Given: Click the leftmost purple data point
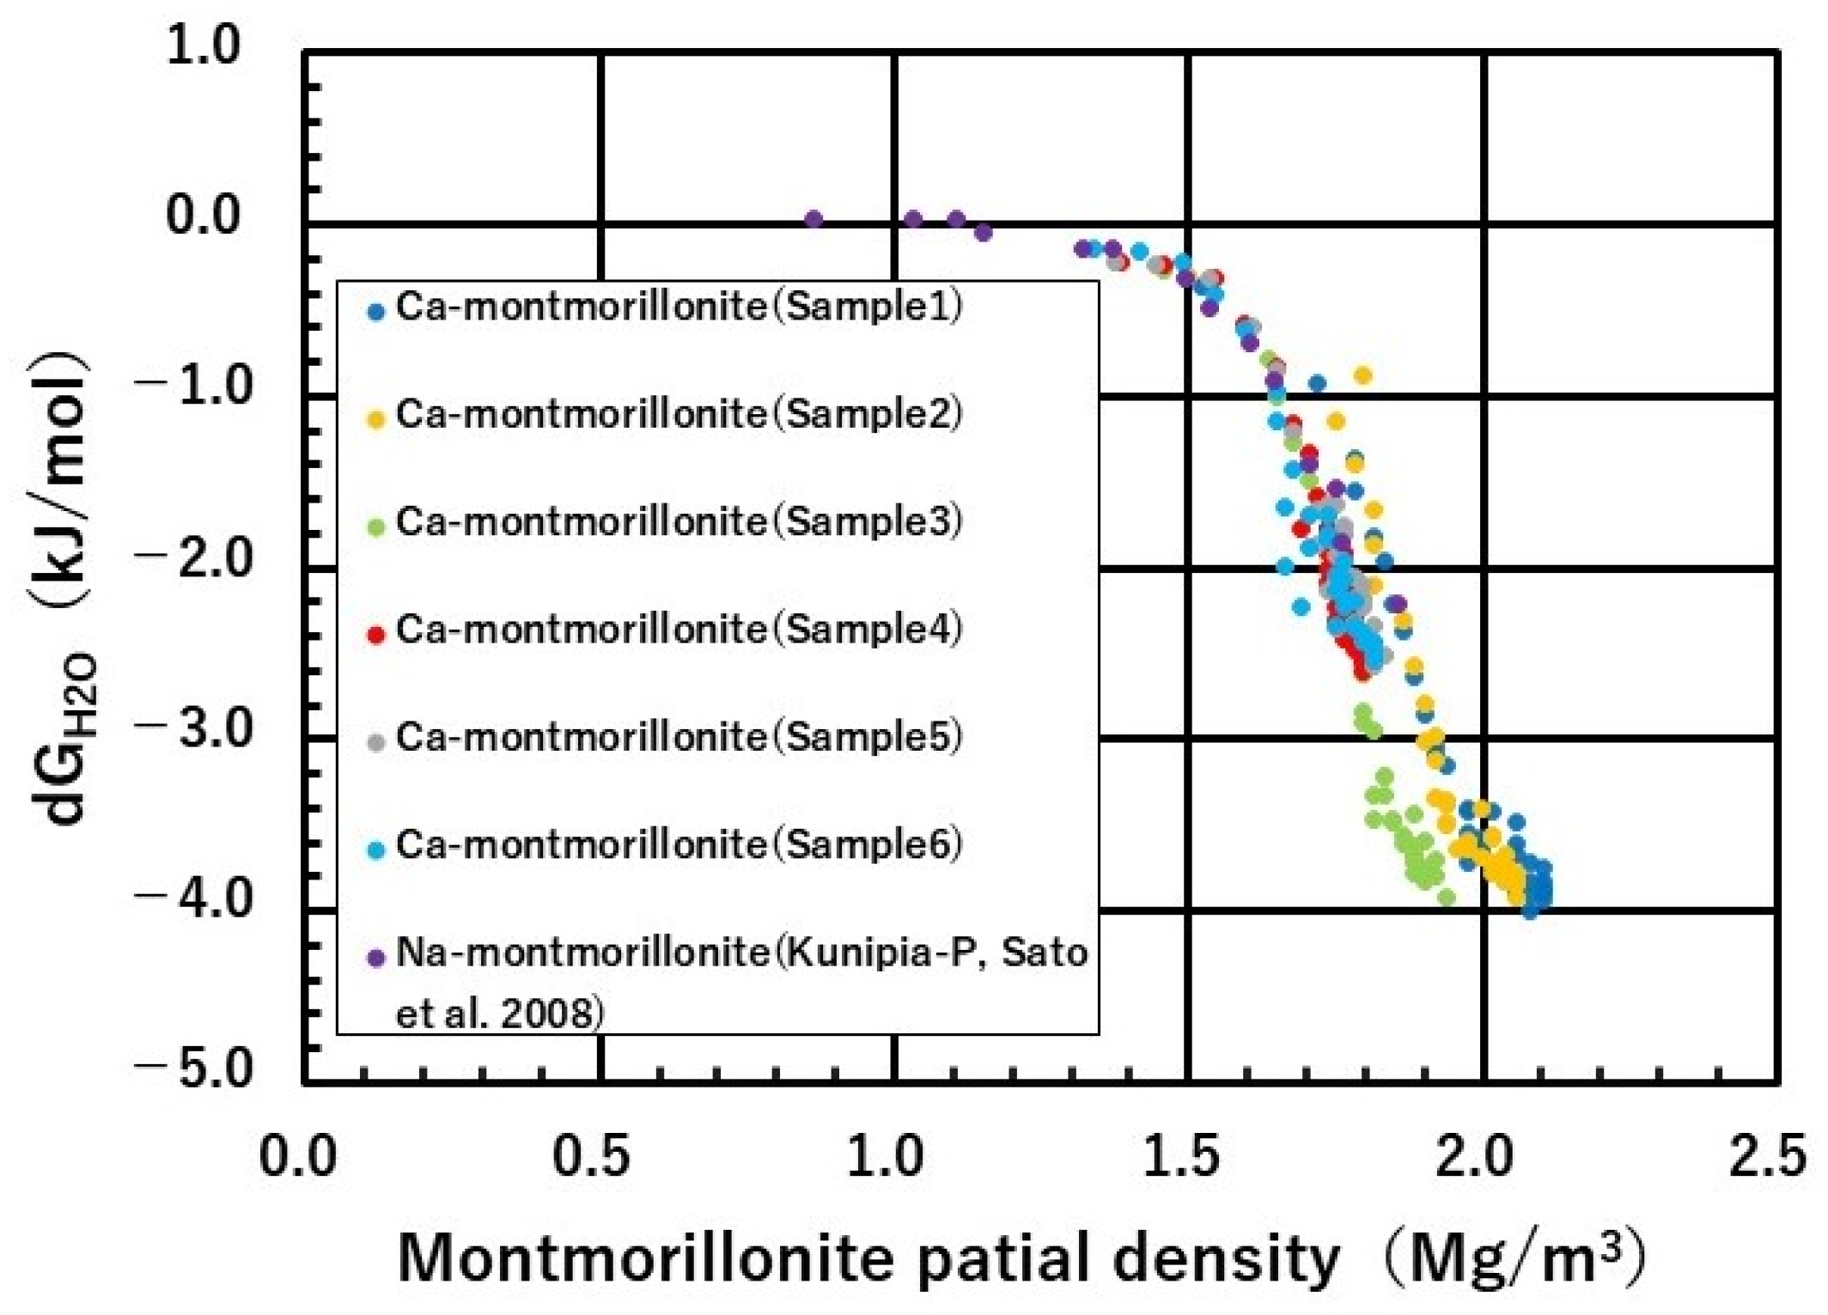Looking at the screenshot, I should pos(813,219).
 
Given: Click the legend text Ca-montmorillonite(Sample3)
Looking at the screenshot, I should pos(679,522).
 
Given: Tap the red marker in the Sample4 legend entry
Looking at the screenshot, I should pos(375,635).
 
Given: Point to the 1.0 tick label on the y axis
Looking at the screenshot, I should pos(203,45).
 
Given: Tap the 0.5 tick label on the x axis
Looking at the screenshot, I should pos(590,1157).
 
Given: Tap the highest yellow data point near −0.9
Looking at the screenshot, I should pos(1362,375).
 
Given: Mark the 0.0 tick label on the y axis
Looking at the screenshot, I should pos(203,215).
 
